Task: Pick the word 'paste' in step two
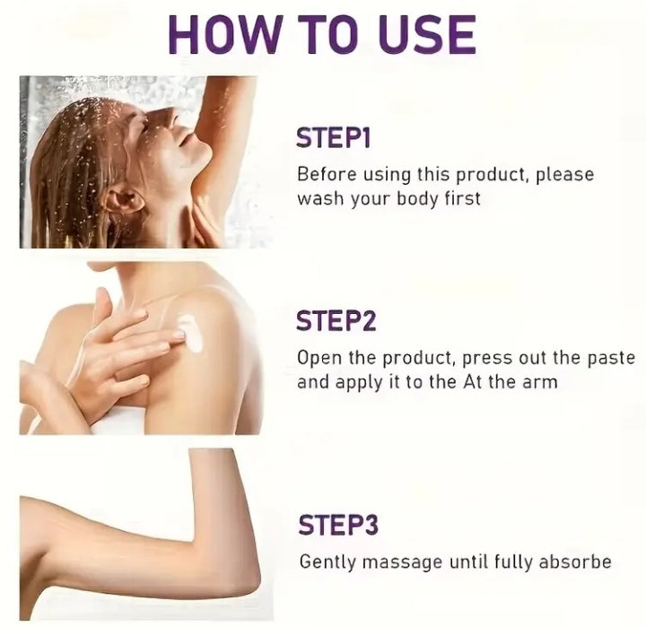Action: pyautogui.click(x=612, y=358)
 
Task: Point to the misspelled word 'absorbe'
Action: pyautogui.click(x=575, y=562)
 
